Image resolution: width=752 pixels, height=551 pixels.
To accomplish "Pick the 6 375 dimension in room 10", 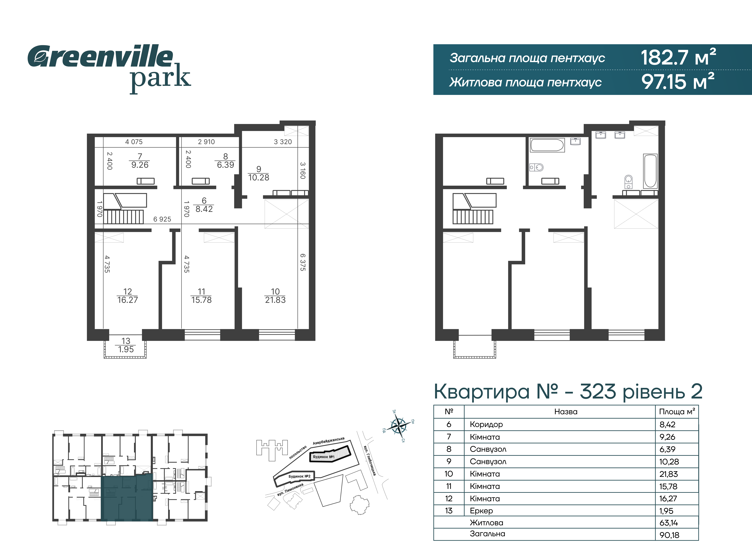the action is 303,262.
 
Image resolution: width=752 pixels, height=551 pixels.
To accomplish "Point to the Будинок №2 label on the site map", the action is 299,476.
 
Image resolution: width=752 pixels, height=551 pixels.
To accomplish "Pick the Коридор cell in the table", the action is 486,424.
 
